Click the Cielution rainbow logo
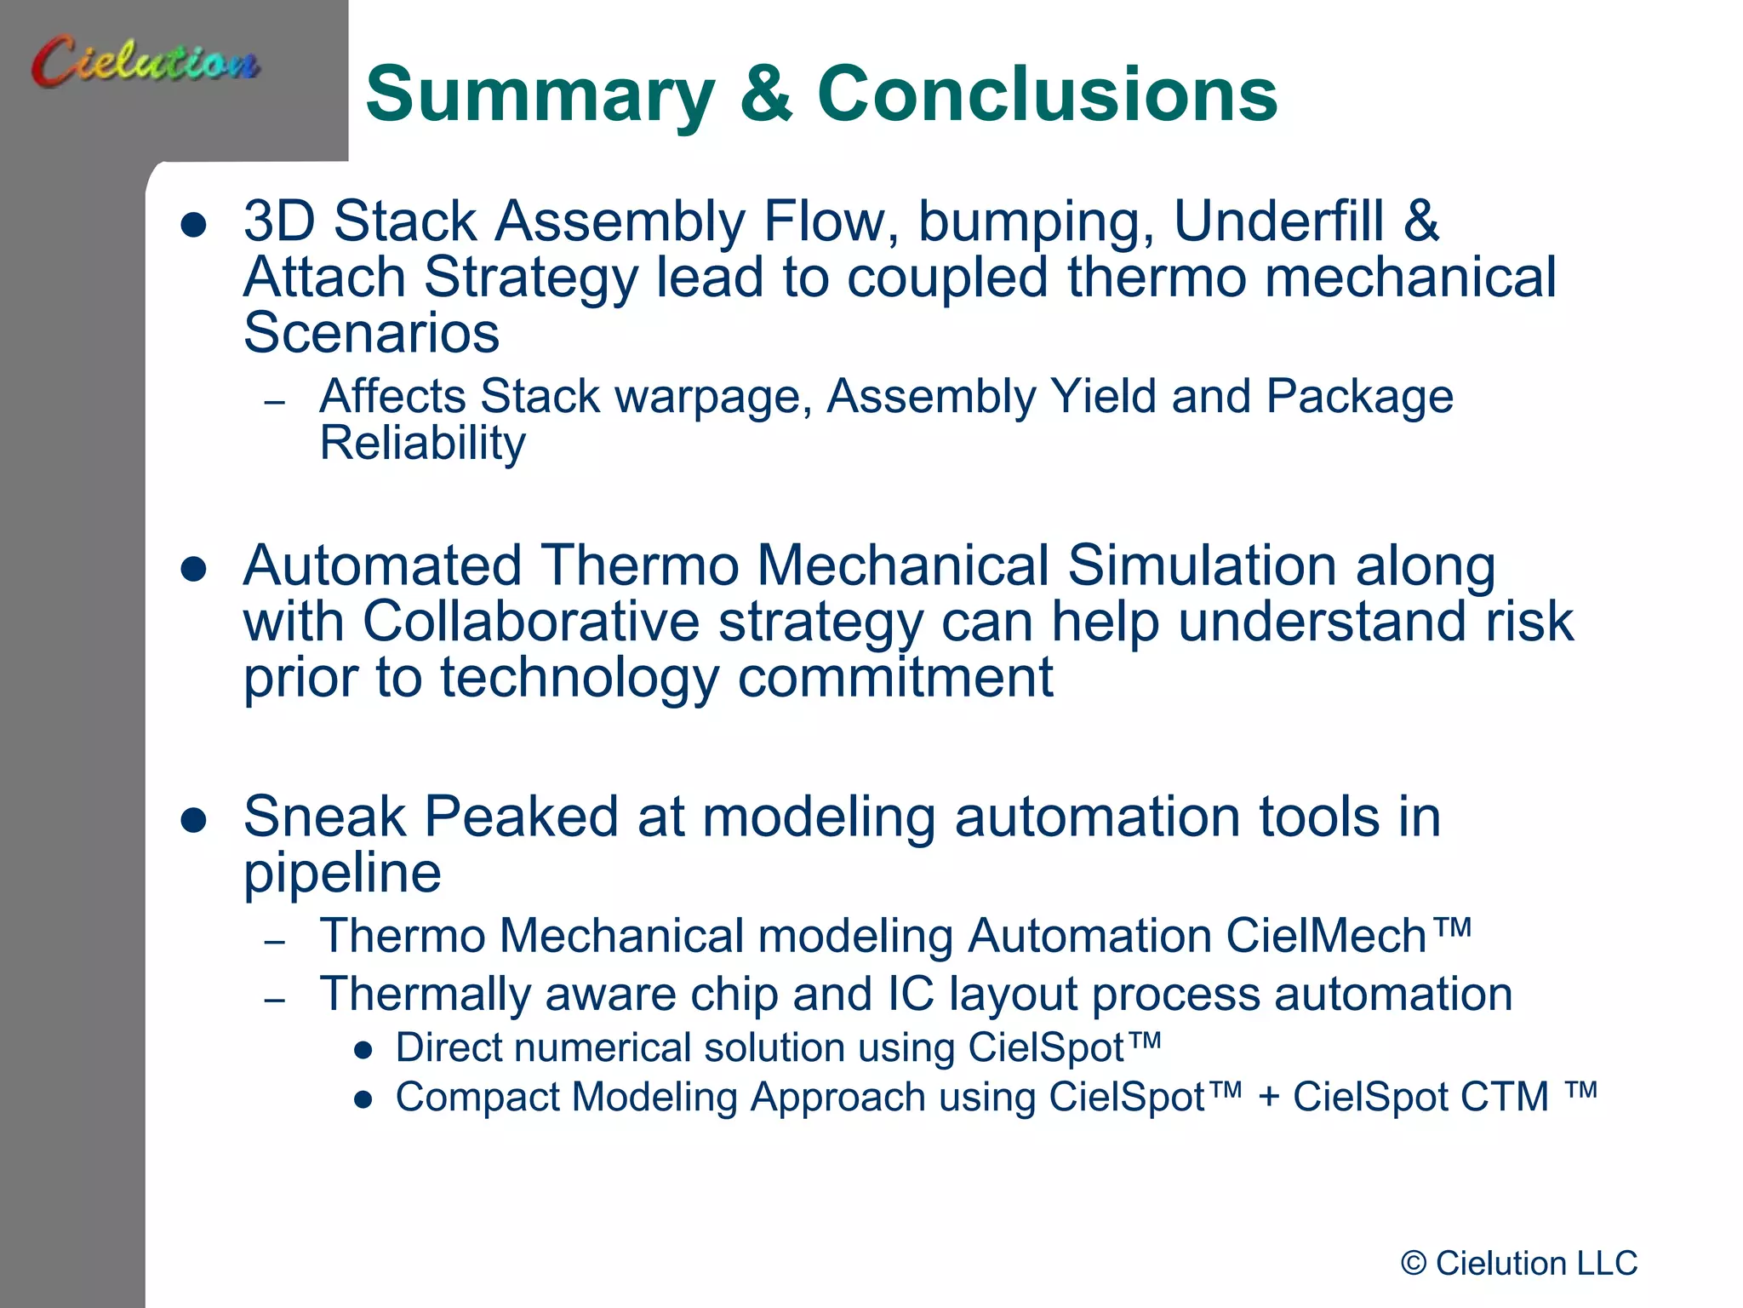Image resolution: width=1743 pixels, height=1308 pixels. (145, 61)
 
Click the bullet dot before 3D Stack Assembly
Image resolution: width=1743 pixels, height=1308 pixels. (194, 225)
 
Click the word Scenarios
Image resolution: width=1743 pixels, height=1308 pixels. (371, 333)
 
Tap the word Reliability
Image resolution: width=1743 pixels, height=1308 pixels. (422, 444)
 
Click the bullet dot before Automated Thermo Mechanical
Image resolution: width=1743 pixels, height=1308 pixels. (194, 569)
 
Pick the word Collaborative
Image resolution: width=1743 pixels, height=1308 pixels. (530, 622)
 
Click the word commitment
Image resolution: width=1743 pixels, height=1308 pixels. (895, 678)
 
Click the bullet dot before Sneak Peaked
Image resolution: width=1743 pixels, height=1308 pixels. (194, 820)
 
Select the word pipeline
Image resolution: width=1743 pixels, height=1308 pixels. (342, 874)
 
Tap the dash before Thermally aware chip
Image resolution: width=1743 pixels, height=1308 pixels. (274, 1000)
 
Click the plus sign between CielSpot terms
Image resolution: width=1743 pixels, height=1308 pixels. (1268, 1097)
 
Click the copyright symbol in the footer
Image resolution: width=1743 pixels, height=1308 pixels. (1414, 1264)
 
